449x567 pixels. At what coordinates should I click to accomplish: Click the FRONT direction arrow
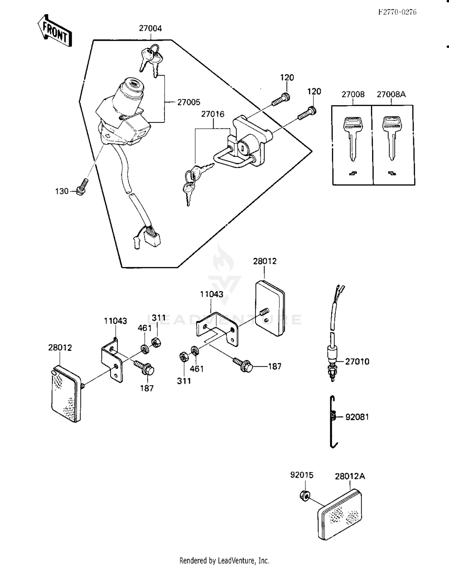pos(55,31)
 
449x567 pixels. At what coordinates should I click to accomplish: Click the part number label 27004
pos(150,28)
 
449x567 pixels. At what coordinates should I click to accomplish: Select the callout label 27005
pos(189,102)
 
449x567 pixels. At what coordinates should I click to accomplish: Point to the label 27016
pos(213,114)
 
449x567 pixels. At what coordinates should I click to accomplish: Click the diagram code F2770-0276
pos(397,12)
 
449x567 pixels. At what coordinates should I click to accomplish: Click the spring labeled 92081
pos(333,421)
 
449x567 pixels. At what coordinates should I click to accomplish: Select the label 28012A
pos(350,476)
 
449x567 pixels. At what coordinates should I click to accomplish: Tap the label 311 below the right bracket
pos(184,381)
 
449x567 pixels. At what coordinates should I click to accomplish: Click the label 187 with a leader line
pos(274,366)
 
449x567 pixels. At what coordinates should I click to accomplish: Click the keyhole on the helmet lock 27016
pos(242,147)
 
